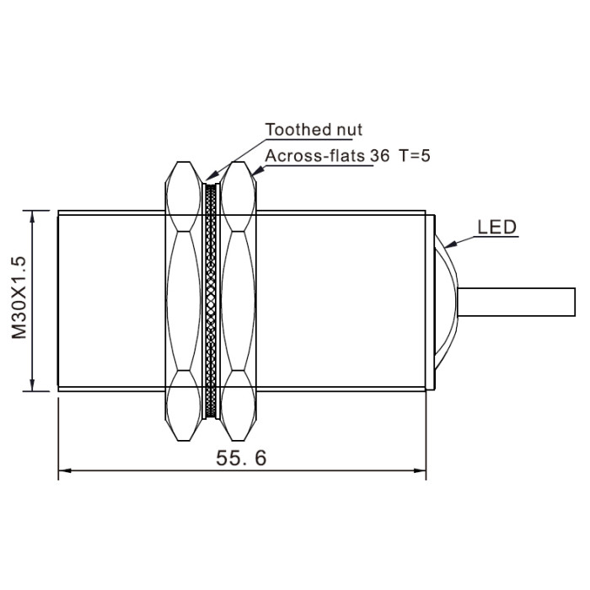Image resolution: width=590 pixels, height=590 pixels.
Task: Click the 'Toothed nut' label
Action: [x=314, y=130]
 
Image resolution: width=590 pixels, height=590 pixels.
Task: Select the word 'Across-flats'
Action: [x=314, y=156]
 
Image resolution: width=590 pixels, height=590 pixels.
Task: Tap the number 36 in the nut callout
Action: [x=379, y=156]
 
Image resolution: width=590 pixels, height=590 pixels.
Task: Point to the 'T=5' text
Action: [x=415, y=155]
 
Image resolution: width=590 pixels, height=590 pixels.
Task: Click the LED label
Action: [x=497, y=228]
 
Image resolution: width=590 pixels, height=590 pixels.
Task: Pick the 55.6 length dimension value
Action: [x=241, y=459]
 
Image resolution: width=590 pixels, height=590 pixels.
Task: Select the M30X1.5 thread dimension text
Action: [x=19, y=298]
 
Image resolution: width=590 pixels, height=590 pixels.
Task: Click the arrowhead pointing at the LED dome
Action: [x=450, y=244]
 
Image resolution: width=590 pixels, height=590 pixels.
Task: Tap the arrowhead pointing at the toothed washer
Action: [x=212, y=175]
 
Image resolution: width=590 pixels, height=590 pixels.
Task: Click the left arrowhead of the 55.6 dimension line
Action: [x=65, y=470]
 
